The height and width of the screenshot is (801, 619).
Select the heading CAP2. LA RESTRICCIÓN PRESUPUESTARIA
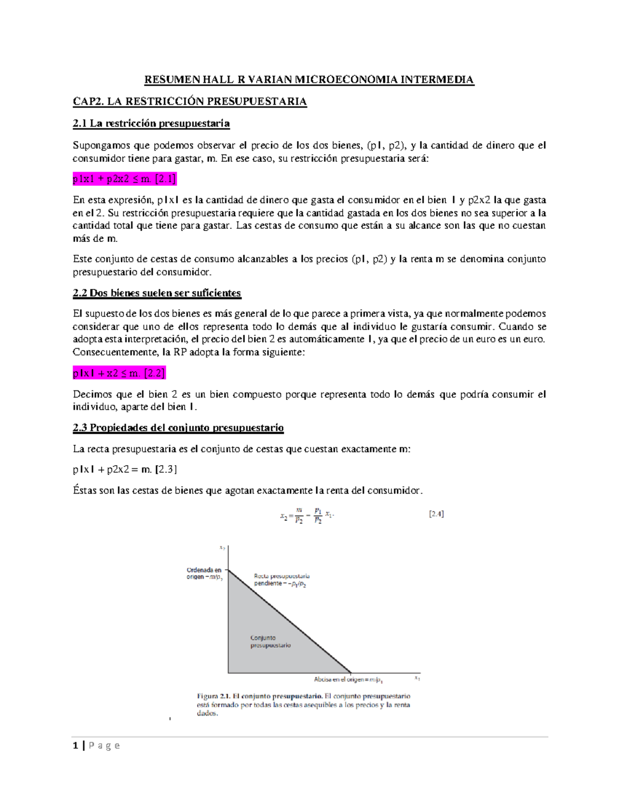pyautogui.click(x=189, y=101)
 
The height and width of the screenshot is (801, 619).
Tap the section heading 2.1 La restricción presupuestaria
pyautogui.click(x=151, y=123)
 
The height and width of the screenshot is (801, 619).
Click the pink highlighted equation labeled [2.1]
pyautogui.click(x=124, y=179)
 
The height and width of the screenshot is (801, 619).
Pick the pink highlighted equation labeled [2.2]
pyautogui.click(x=119, y=373)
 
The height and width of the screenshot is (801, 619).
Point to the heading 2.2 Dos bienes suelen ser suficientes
pyautogui.click(x=157, y=293)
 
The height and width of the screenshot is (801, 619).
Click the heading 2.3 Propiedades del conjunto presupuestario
pyautogui.click(x=178, y=428)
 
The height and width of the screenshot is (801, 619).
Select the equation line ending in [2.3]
pyautogui.click(x=125, y=469)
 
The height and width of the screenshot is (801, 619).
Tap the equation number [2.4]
pyautogui.click(x=436, y=514)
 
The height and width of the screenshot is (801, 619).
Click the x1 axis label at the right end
pyautogui.click(x=417, y=679)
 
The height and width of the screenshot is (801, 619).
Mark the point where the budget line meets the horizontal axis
pyautogui.click(x=351, y=673)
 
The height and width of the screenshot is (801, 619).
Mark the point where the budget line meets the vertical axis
pyautogui.click(x=228, y=569)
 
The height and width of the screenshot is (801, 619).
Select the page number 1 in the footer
pyautogui.click(x=76, y=746)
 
